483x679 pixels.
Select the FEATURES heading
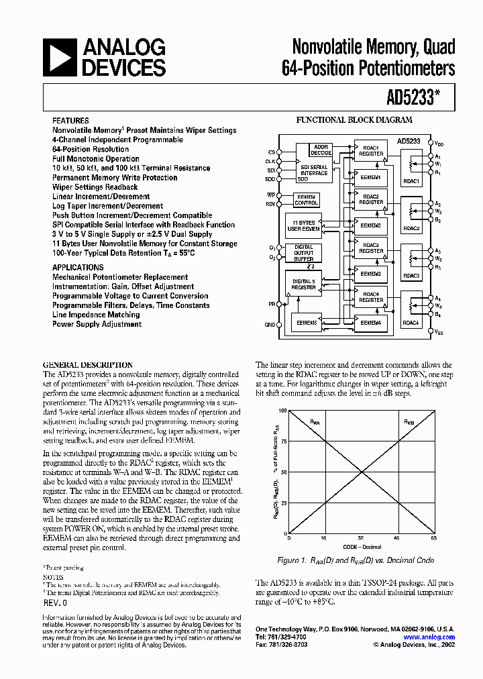click(70, 121)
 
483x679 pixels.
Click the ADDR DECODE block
click(321, 150)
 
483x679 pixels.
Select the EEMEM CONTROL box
click(307, 200)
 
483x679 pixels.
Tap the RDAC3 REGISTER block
click(371, 248)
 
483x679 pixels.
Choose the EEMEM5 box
click(307, 322)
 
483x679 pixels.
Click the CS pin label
click(271, 152)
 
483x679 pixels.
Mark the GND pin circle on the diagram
click(281, 324)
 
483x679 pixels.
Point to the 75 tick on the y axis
click(282, 441)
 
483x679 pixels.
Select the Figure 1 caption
click(356, 560)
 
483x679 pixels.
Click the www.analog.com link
click(429, 637)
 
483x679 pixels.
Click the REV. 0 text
click(58, 603)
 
